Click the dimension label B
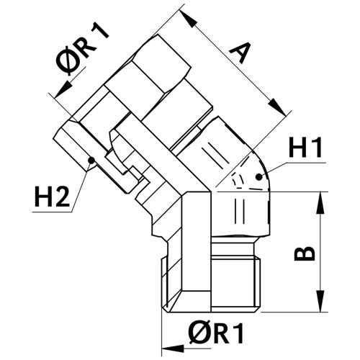click(305, 253)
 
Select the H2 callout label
click(53, 197)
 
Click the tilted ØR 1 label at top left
click(81, 50)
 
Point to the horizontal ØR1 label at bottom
click(216, 333)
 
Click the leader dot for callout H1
click(258, 177)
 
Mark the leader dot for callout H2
click(91, 160)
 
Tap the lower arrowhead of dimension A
click(278, 108)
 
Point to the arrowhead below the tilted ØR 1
click(62, 90)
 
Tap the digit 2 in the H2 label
click(62, 197)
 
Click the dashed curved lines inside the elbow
click(240, 181)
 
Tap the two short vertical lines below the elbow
click(240, 211)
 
